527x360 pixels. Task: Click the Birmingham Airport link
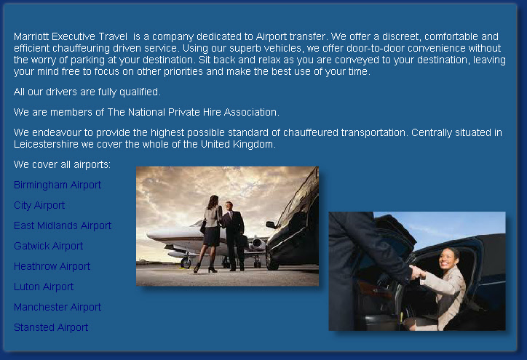tap(58, 185)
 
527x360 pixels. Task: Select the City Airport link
tap(39, 206)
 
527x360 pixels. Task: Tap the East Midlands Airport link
tap(63, 225)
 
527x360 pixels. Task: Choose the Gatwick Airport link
tap(48, 246)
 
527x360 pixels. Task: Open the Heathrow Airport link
tap(52, 266)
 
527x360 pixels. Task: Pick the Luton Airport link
tap(44, 287)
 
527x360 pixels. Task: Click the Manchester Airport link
tap(58, 307)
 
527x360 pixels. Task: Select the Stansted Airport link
tap(51, 327)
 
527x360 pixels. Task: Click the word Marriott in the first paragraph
tap(31, 36)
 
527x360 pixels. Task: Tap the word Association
tap(251, 112)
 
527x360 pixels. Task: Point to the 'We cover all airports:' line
tap(62, 164)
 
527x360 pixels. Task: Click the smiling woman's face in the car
tap(447, 259)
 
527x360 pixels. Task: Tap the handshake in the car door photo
tap(417, 272)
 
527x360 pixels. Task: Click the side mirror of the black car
tap(271, 225)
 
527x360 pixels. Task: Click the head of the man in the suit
tap(229, 206)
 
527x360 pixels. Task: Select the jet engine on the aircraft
tap(258, 244)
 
